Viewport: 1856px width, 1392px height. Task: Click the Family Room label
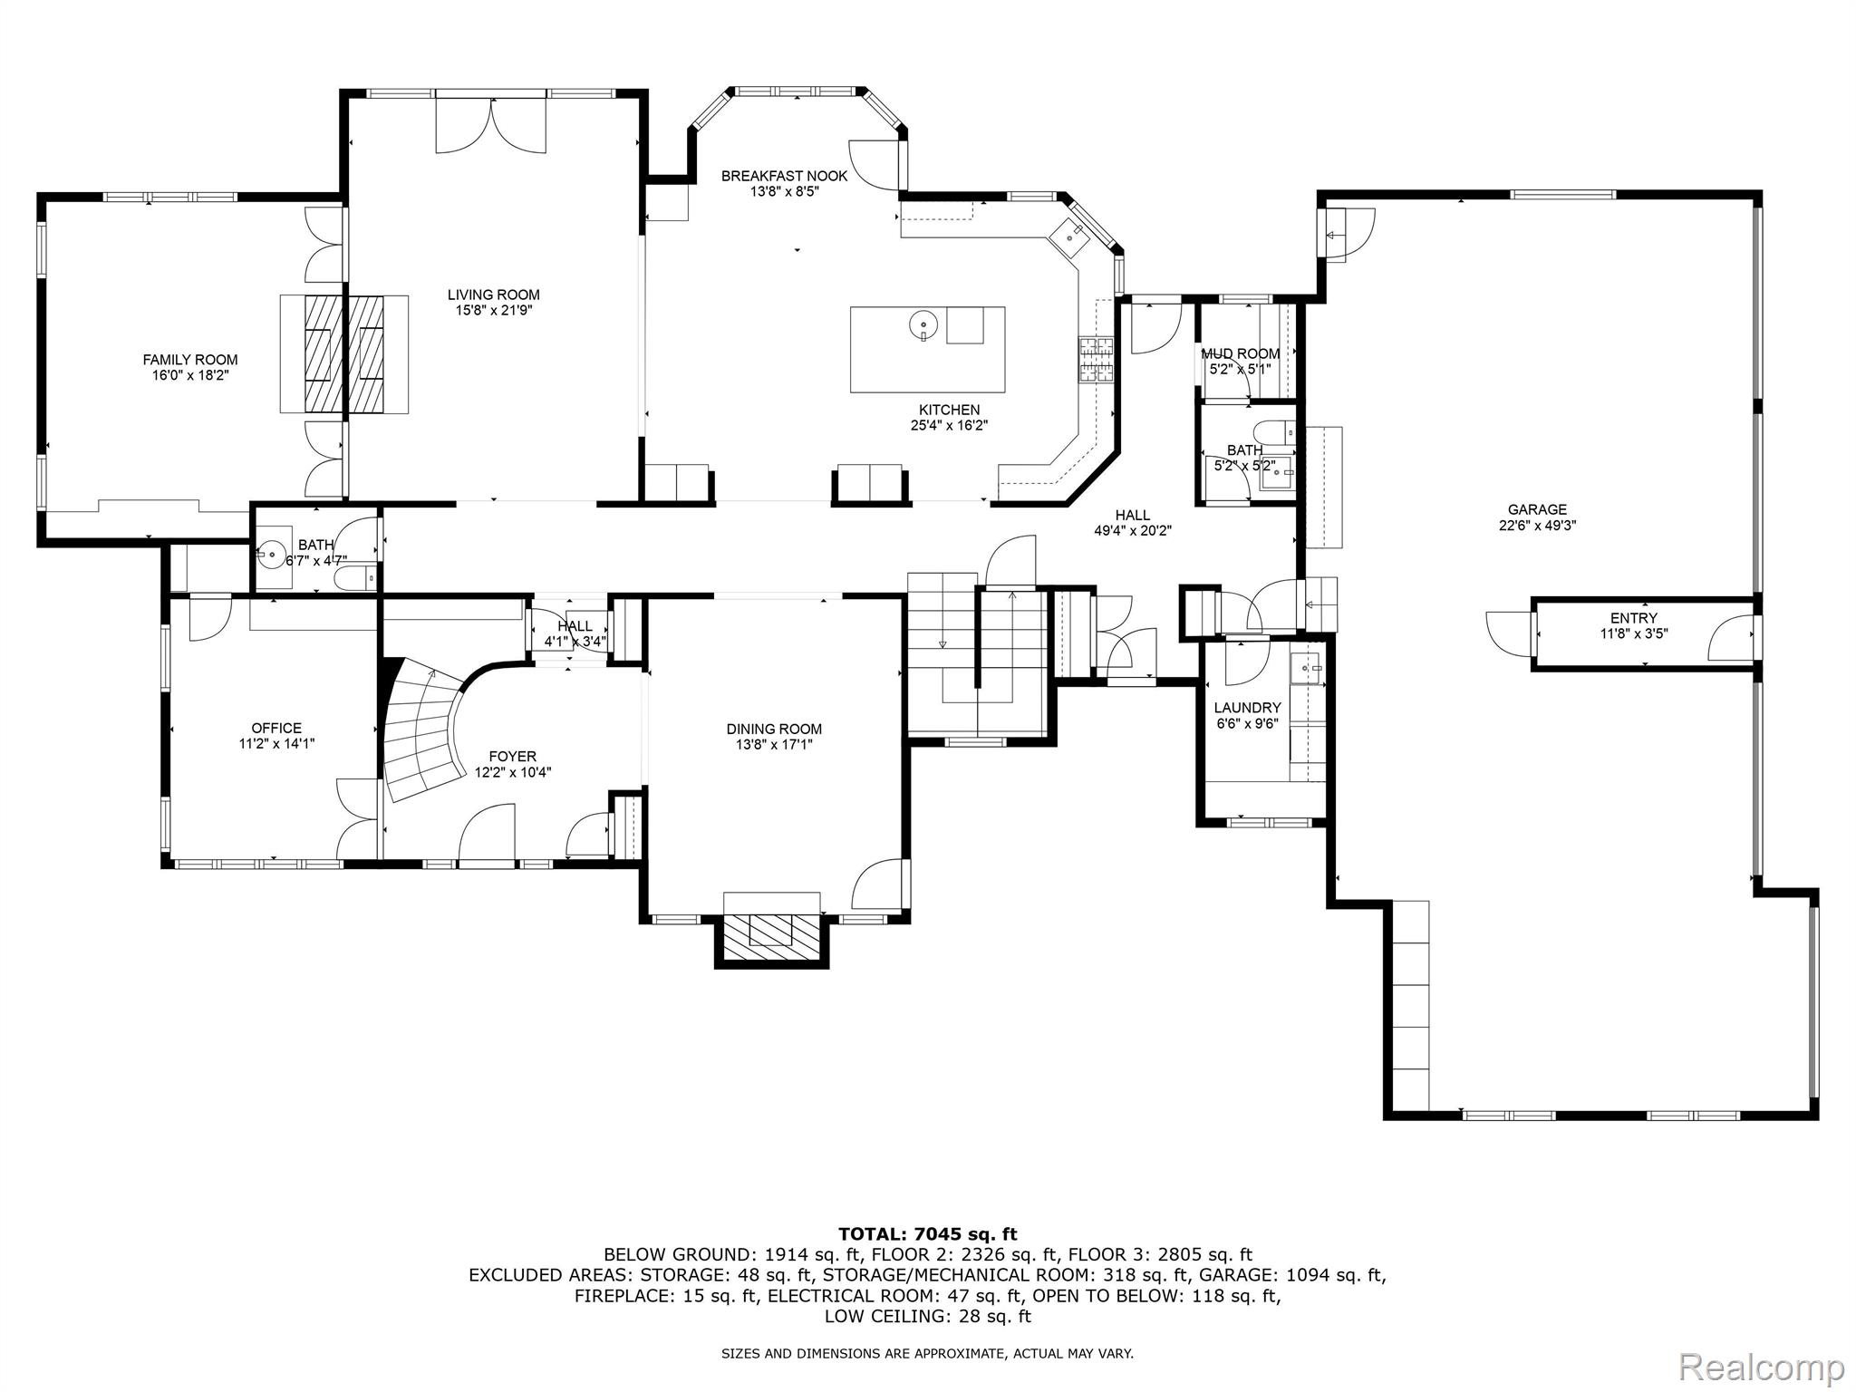click(x=190, y=360)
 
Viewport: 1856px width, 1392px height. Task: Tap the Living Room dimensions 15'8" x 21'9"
click(x=494, y=310)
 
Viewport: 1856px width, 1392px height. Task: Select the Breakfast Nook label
click(x=785, y=176)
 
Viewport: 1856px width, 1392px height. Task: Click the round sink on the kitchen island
click(x=922, y=324)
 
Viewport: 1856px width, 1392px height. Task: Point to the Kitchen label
click(x=949, y=410)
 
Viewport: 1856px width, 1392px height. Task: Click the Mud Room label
click(x=1241, y=353)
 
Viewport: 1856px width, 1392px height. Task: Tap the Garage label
click(x=1537, y=509)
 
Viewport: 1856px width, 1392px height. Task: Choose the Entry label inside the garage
click(x=1634, y=618)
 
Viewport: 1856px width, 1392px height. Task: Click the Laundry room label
click(x=1247, y=708)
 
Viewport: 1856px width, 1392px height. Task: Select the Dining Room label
click(x=774, y=729)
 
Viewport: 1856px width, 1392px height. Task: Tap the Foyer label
click(x=512, y=756)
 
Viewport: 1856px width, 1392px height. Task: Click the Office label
click(x=276, y=728)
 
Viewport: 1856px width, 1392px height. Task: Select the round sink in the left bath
click(x=270, y=550)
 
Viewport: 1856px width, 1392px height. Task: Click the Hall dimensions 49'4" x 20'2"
click(x=1133, y=531)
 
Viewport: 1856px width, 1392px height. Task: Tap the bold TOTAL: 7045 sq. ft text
click(x=928, y=1233)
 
